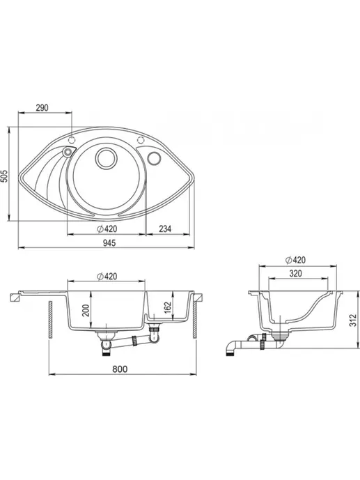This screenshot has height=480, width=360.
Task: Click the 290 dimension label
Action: coord(42,108)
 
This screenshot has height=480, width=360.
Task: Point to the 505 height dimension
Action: coord(4,176)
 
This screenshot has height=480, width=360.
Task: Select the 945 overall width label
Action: coord(109,243)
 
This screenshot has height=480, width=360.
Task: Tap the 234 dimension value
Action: coord(165,229)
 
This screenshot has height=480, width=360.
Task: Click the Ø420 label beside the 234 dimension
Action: coord(107,229)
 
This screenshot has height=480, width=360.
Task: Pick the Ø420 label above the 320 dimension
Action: coord(295,261)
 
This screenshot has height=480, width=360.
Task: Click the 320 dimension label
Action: coord(295,273)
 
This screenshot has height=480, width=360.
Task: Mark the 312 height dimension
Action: coord(353,320)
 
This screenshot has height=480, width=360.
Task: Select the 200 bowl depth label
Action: coord(86,311)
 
